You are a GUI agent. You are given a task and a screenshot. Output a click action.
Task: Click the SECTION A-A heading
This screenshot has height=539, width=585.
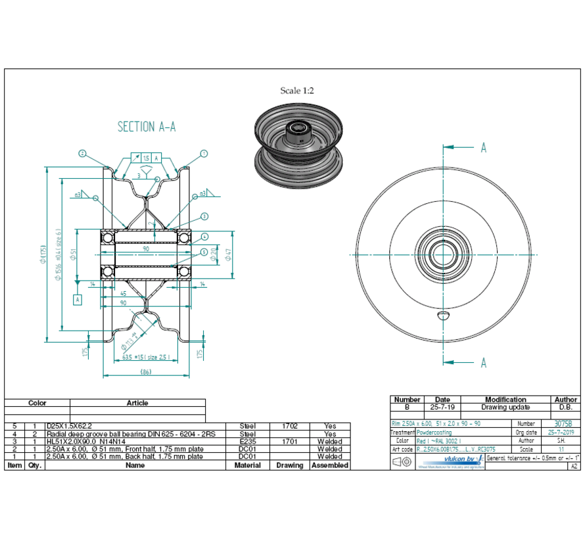click(x=146, y=127)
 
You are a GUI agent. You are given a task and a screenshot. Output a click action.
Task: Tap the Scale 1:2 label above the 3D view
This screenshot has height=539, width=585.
click(x=297, y=91)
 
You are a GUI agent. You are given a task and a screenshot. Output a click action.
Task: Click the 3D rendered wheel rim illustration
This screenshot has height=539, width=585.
click(x=298, y=143)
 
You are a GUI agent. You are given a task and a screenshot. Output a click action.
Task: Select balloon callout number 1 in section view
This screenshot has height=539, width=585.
click(x=204, y=154)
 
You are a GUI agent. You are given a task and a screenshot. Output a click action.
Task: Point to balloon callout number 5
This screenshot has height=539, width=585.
click(x=204, y=252)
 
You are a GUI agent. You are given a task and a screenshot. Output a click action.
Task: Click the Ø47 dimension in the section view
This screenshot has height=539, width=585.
click(x=227, y=254)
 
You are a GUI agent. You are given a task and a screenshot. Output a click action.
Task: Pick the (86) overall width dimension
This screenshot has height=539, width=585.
click(x=145, y=372)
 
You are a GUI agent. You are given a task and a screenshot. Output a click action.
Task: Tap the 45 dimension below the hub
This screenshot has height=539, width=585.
click(x=124, y=294)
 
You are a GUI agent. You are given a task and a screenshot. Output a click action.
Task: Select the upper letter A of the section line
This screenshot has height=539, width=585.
click(x=483, y=147)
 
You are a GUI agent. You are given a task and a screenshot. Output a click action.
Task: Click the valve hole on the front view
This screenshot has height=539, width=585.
click(x=444, y=316)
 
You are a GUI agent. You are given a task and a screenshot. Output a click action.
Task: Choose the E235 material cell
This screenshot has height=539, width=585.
click(x=247, y=442)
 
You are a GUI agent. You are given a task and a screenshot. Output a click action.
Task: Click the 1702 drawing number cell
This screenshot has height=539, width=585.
click(x=289, y=426)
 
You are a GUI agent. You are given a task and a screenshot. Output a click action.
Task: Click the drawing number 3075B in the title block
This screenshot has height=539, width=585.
click(x=563, y=424)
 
